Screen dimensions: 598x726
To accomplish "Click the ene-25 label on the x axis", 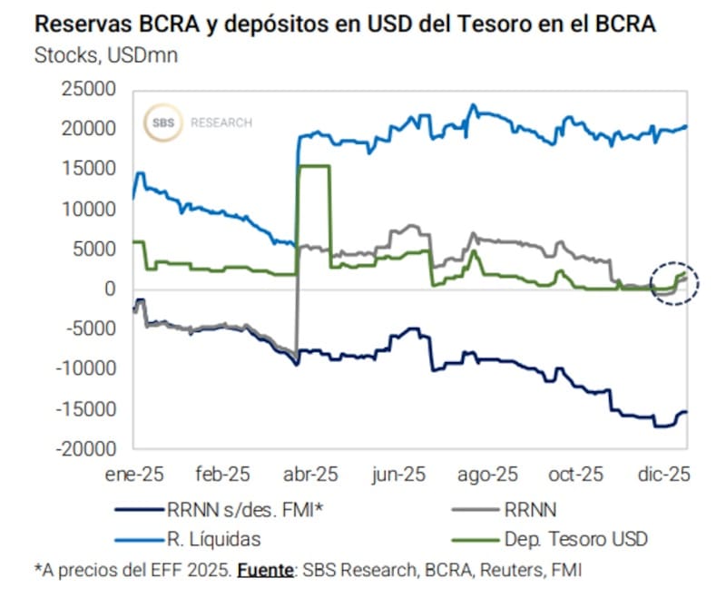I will (135, 474).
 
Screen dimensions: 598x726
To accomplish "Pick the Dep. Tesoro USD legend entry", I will (576, 539).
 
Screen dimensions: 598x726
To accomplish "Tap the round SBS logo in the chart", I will (164, 123).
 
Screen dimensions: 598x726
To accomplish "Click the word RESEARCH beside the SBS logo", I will (221, 123).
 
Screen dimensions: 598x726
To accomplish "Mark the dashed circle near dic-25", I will (674, 283).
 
